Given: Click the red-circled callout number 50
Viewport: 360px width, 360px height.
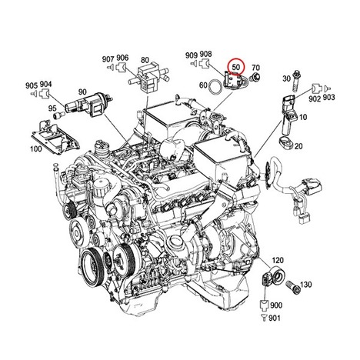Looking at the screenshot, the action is tap(236, 67).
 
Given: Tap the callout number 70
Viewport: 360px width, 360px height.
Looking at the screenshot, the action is tap(255, 68).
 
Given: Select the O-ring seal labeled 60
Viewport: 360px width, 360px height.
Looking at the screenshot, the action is tap(215, 86).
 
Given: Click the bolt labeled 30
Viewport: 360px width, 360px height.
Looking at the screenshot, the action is tap(295, 80).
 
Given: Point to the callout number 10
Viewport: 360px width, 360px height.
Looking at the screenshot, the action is tap(303, 117).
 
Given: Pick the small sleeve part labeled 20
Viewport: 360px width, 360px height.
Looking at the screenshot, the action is tap(285, 142).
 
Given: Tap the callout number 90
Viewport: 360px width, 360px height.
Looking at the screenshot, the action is tap(82, 92).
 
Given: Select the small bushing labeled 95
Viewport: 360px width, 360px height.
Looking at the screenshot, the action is tap(58, 115).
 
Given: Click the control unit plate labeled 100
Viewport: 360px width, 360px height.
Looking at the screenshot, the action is tap(55, 137).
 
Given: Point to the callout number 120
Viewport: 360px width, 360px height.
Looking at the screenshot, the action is tap(278, 260).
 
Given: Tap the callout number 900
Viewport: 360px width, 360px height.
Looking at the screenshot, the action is tap(276, 305).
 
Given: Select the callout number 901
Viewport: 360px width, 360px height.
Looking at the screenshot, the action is tap(275, 318).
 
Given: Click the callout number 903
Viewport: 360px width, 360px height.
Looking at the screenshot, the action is tap(328, 97).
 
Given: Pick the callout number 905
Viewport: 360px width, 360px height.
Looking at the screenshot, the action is tap(32, 85).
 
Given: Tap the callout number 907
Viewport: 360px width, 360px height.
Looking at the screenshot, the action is tap(108, 59).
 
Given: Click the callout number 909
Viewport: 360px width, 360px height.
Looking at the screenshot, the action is tap(192, 55).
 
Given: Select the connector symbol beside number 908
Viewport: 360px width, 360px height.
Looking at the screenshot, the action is tap(205, 63).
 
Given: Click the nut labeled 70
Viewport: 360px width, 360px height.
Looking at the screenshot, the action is tap(254, 77).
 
